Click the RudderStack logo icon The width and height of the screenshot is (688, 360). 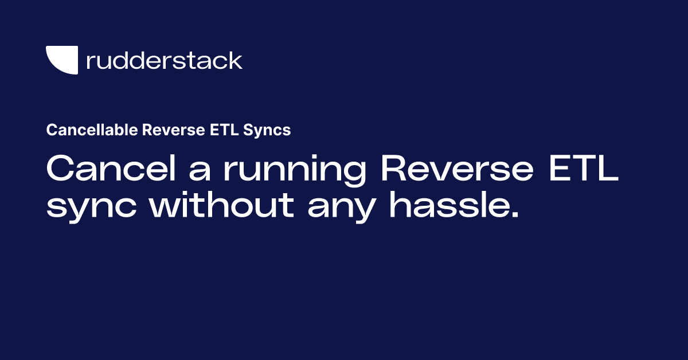point(62,60)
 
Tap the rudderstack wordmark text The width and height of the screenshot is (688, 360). point(164,60)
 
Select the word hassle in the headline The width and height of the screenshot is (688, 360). point(449,204)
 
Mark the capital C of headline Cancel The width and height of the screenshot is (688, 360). point(61,170)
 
